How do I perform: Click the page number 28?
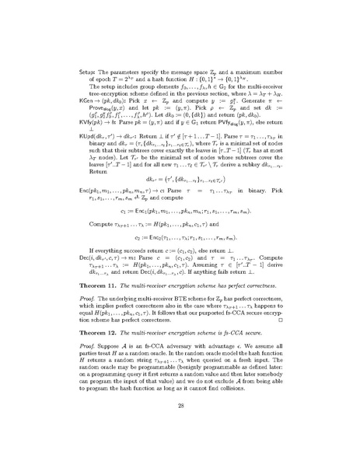click(180, 448)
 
